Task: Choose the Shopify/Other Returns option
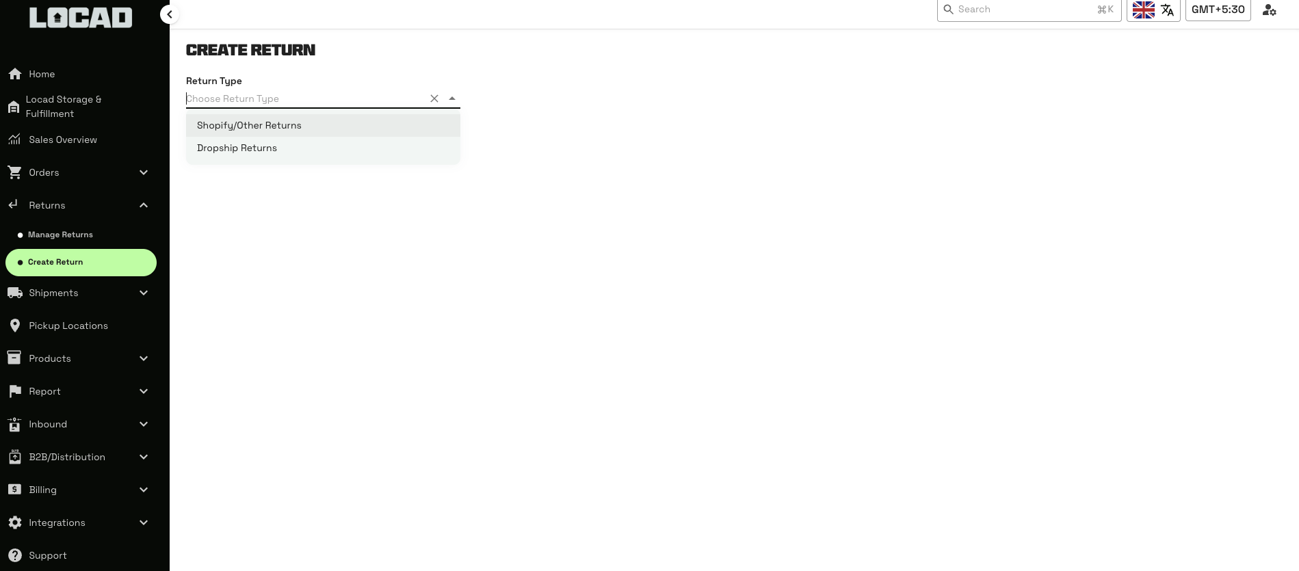point(249,126)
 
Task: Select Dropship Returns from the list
point(237,148)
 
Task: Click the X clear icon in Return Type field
point(434,98)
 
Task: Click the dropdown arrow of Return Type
point(452,98)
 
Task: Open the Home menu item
point(42,74)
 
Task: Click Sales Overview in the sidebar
point(63,140)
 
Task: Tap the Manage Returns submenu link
point(60,235)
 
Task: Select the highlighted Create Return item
point(55,262)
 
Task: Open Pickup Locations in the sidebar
point(68,326)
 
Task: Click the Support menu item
point(48,555)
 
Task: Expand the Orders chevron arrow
point(144,172)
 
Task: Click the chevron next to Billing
point(144,490)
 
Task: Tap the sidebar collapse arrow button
point(170,14)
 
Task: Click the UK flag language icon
point(1143,10)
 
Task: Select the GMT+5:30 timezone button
point(1218,10)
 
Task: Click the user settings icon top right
point(1269,10)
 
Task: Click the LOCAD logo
point(81,18)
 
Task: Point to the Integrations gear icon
point(15,522)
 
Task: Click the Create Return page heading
point(250,50)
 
